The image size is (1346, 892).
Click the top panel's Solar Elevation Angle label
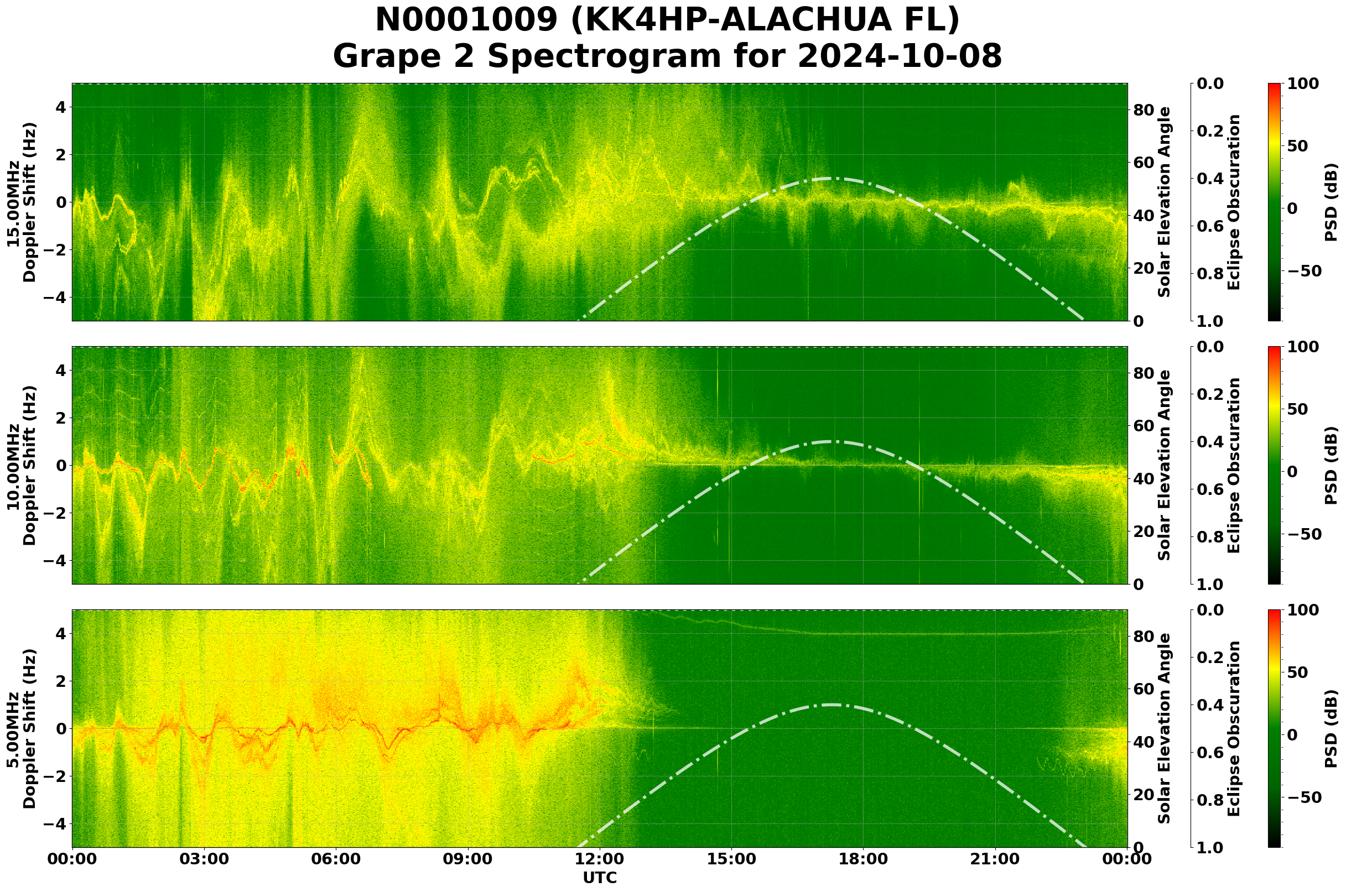coord(1165,202)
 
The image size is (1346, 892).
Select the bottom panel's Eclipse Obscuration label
coord(1233,729)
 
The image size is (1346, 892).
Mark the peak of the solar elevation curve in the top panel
coord(829,179)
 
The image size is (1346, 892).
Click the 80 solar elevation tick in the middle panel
coord(1144,373)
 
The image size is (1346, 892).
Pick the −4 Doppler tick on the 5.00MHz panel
coord(55,824)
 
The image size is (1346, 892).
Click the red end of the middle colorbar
coord(1275,348)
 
